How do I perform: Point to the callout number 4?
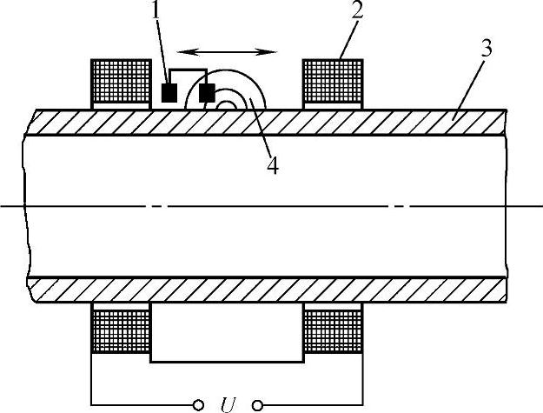coord(272,165)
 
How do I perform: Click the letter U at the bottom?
coord(228,403)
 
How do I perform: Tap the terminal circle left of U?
coord(198,404)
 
